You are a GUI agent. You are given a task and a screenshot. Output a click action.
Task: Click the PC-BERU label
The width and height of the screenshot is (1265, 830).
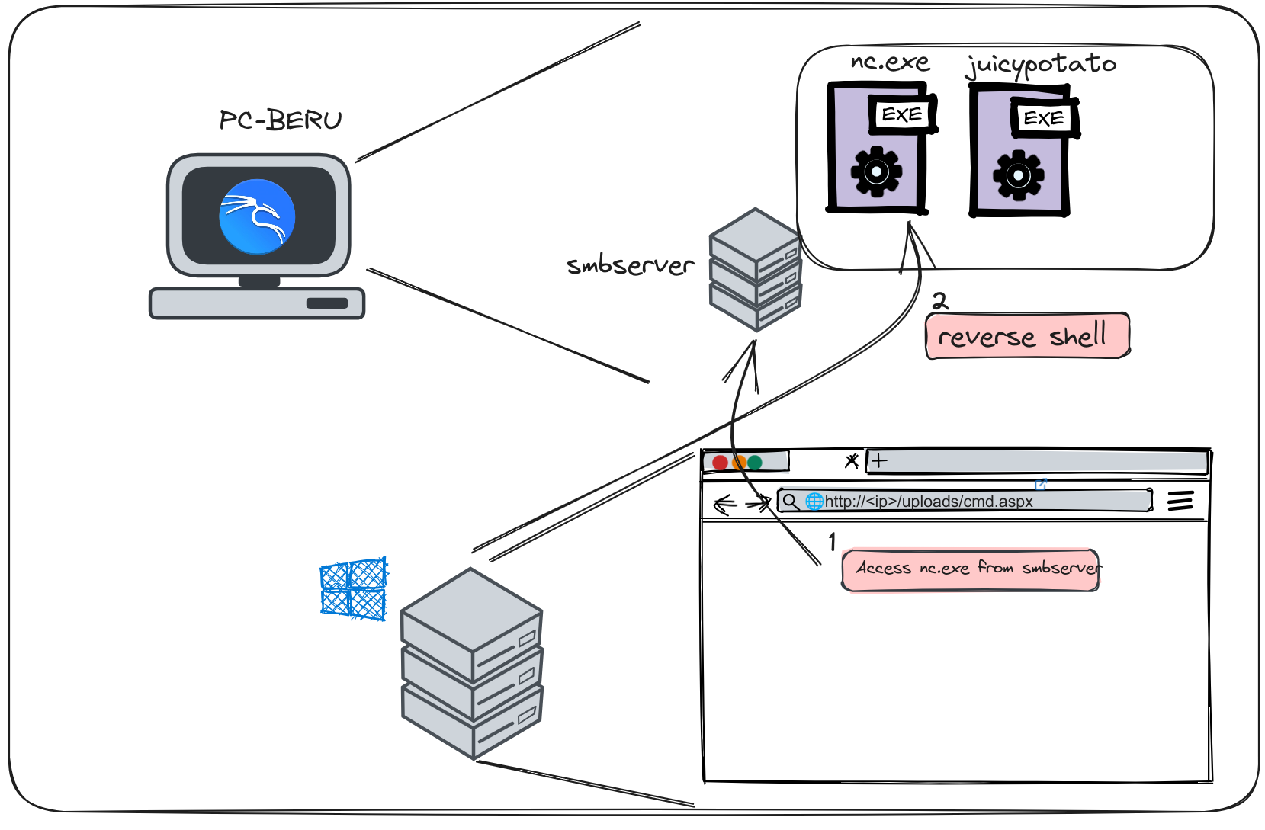tap(281, 120)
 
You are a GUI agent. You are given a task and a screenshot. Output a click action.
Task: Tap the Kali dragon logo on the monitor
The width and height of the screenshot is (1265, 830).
tap(257, 216)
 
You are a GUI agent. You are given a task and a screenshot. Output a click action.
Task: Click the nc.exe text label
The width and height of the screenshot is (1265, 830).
tap(890, 62)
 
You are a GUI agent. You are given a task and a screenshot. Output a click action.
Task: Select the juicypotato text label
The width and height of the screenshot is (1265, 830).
tap(1041, 65)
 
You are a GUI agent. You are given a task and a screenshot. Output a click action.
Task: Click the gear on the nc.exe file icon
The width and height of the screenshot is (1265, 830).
tap(876, 172)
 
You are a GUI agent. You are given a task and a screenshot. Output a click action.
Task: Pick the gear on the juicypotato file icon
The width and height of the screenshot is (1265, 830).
tap(1018, 176)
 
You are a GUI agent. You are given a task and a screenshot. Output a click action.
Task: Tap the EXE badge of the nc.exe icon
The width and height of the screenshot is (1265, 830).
tap(902, 115)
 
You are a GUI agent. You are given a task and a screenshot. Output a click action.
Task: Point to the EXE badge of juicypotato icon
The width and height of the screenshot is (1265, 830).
tap(1044, 119)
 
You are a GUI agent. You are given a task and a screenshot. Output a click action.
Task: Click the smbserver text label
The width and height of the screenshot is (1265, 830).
tap(631, 265)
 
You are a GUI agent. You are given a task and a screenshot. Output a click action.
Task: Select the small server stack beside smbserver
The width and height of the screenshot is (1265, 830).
tap(756, 270)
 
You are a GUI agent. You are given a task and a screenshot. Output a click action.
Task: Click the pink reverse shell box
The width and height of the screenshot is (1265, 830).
tap(1027, 336)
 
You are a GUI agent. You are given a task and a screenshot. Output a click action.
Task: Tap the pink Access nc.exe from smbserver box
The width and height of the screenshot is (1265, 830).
tap(971, 569)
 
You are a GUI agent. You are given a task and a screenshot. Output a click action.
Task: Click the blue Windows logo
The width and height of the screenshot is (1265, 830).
tap(353, 589)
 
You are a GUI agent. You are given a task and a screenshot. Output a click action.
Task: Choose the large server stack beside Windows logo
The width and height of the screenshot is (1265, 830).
tap(471, 663)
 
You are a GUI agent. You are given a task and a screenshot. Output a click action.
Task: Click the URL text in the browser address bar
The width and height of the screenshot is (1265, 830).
tap(929, 502)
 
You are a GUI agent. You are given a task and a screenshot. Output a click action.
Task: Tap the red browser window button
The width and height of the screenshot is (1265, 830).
tap(720, 463)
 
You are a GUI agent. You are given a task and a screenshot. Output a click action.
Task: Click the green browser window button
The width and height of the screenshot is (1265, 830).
tap(755, 463)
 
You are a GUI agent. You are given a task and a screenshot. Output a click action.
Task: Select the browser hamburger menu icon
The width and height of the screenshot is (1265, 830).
tap(1180, 501)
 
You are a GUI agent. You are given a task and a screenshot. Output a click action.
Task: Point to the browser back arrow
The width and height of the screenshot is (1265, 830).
tap(724, 504)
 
